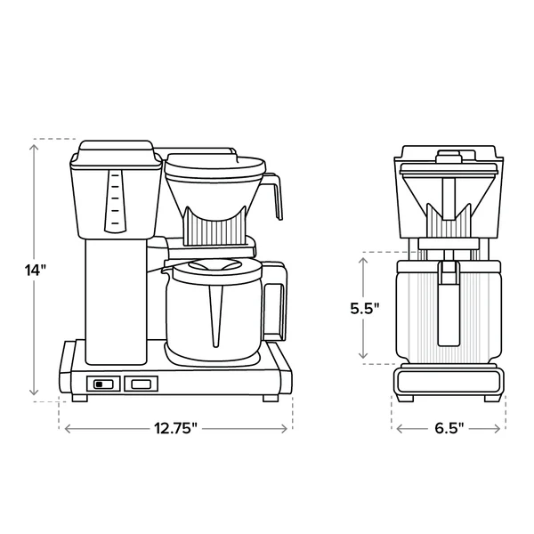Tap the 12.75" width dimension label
coord(175,428)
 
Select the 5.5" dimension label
coord(364,308)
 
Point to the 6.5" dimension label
coord(449,428)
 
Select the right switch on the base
coord(141,384)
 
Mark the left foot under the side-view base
coord(79,398)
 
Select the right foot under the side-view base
coord(270,398)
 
